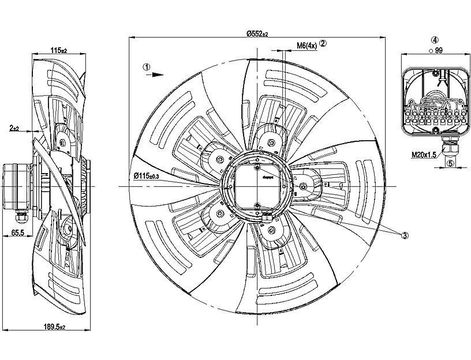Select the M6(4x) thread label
pyautogui.click(x=306, y=44)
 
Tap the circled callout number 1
pyautogui.click(x=147, y=66)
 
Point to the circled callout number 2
pyautogui.click(x=323, y=43)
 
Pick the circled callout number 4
pyautogui.click(x=434, y=40)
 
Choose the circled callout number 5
pyautogui.click(x=450, y=163)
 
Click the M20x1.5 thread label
pyautogui.click(x=425, y=155)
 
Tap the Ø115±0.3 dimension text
pyautogui.click(x=148, y=175)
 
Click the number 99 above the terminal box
pyautogui.click(x=439, y=51)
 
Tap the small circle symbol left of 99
pyautogui.click(x=431, y=51)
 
